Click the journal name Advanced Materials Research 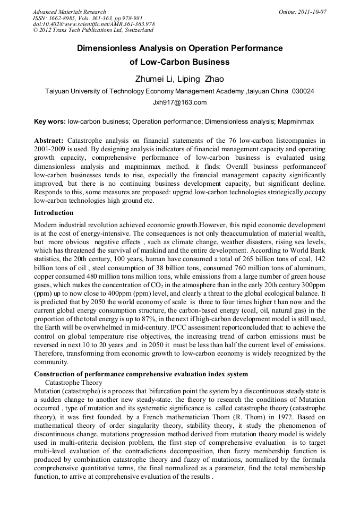pyautogui.click(x=70, y=12)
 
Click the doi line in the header pyautogui.click(x=93, y=24)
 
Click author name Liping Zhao pyautogui.click(x=203, y=80)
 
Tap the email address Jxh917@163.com pyautogui.click(x=179, y=102)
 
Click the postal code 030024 pyautogui.click(x=303, y=91)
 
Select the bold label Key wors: pyautogui.click(x=49, y=122)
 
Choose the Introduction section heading pyautogui.click(x=54, y=212)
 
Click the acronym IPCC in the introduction pyautogui.click(x=178, y=326)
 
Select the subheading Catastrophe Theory pyautogui.click(x=74, y=382)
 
